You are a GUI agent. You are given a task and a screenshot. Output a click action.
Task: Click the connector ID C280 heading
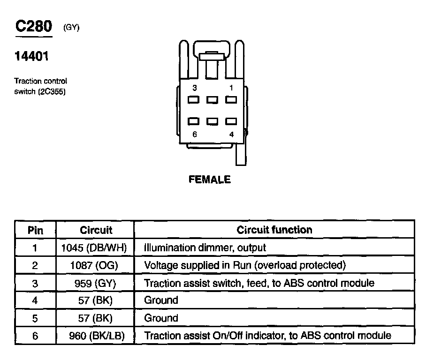click(33, 27)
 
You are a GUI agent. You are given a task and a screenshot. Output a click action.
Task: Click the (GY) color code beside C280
click(71, 28)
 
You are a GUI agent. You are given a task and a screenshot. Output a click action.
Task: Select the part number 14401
click(31, 57)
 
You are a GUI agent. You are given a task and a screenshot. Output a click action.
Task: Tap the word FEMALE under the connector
click(210, 180)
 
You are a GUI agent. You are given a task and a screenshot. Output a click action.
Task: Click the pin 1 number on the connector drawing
click(231, 88)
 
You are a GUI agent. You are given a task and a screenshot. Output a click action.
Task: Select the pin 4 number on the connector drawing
click(231, 135)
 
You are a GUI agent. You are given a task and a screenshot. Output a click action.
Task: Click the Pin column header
click(35, 230)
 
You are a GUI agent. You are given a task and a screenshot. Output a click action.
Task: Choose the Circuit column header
click(96, 230)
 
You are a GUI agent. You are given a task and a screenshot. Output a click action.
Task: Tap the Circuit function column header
click(274, 230)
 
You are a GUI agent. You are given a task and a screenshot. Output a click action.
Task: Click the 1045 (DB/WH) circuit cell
click(96, 247)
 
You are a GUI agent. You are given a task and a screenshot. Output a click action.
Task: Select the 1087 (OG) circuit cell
click(96, 265)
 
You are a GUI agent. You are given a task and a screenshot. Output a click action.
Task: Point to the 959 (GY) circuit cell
click(96, 283)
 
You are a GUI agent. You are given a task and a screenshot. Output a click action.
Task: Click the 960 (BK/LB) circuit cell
click(96, 336)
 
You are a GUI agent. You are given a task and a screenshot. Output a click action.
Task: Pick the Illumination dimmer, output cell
click(205, 247)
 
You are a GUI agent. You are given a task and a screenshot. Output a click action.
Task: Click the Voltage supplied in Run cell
click(244, 265)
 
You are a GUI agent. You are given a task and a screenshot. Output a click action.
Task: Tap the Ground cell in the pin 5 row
click(161, 318)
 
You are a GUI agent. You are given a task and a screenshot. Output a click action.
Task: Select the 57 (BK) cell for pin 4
click(96, 300)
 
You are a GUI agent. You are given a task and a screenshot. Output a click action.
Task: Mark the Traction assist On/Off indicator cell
click(267, 336)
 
